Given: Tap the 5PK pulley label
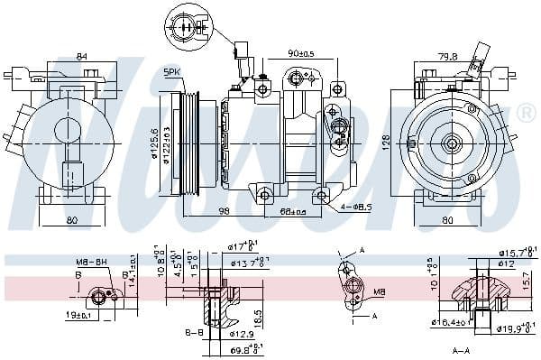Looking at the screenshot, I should coord(172,71).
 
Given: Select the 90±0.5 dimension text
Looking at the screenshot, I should coord(300,52).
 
